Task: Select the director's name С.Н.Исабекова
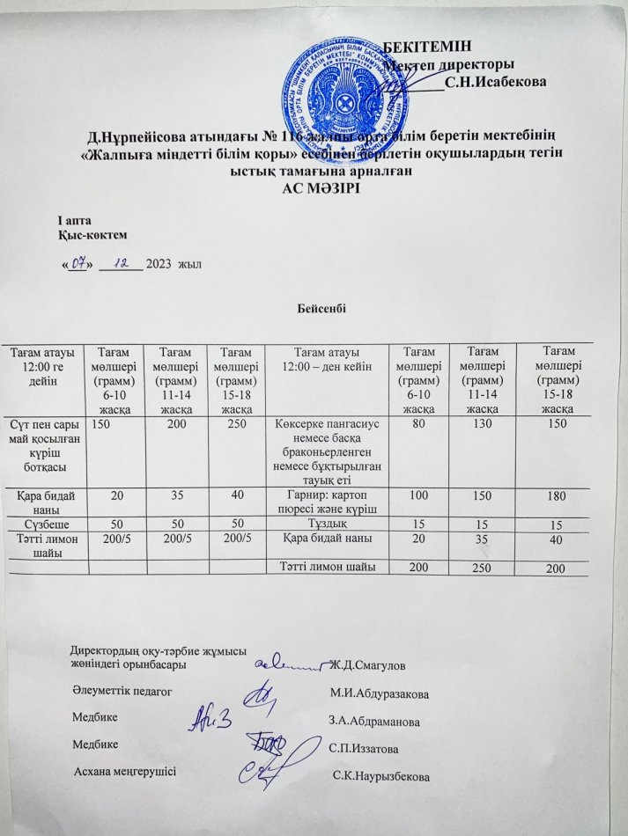pos(495,83)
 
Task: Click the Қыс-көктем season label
pos(92,234)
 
